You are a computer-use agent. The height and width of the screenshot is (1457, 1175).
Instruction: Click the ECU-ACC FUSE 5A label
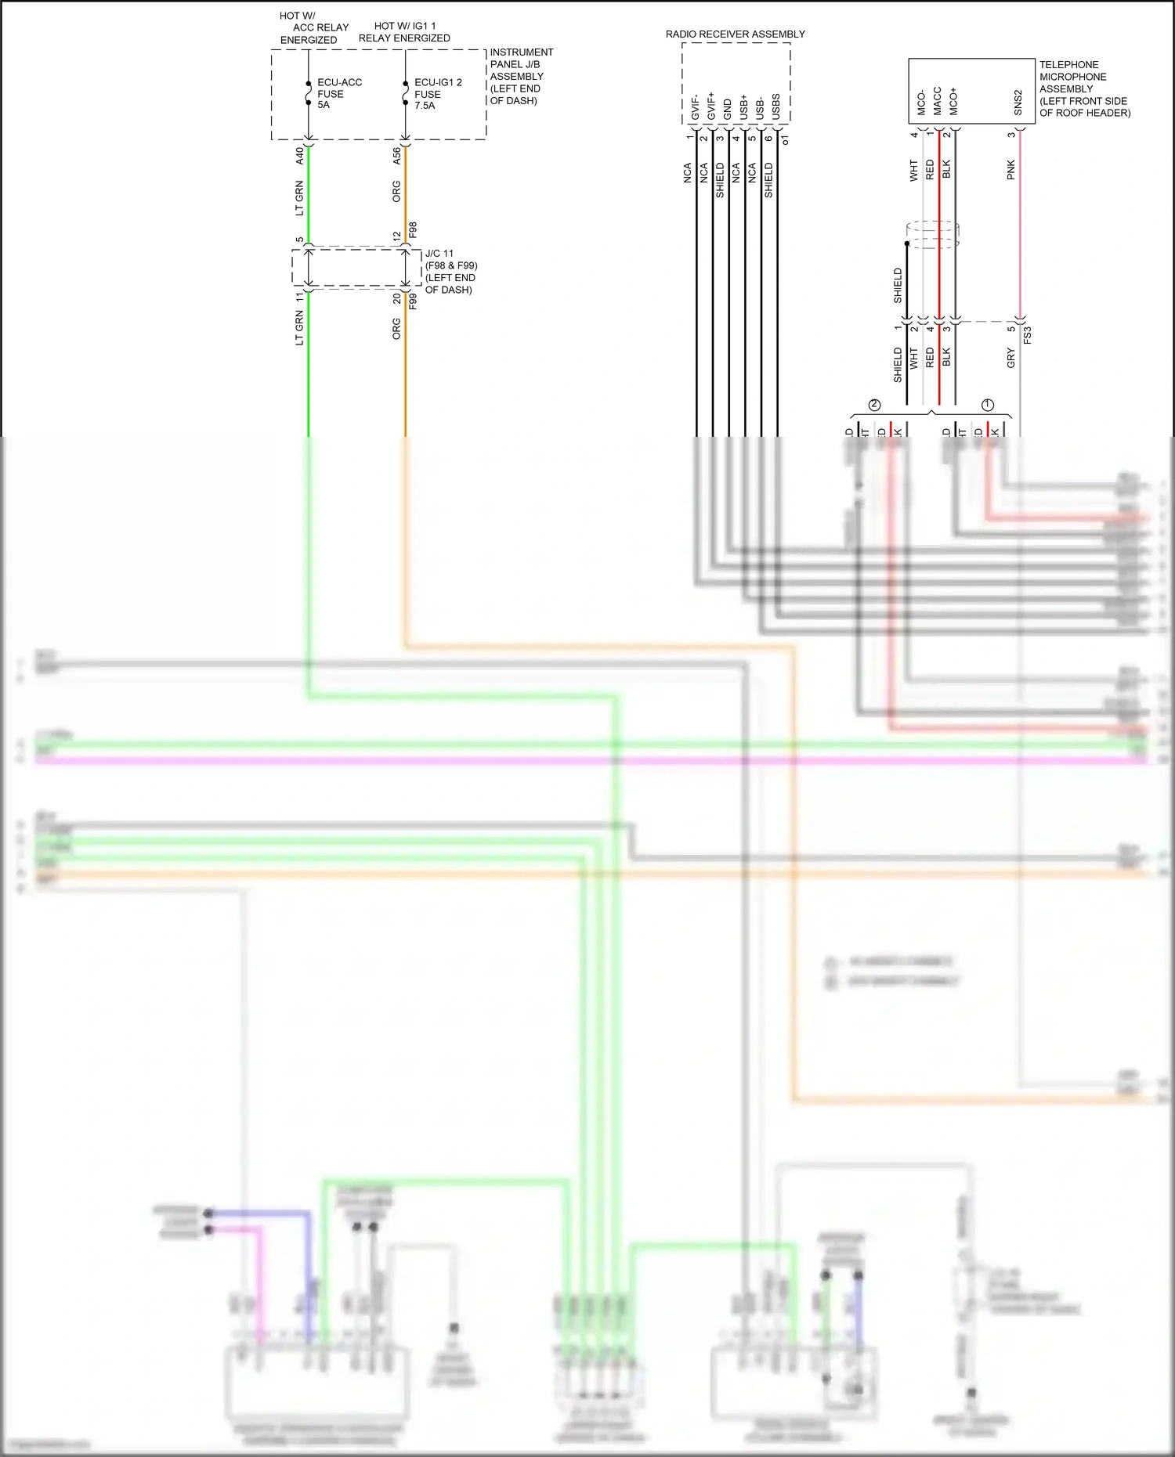point(338,93)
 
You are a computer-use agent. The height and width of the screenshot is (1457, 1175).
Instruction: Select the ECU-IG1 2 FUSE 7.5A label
point(437,93)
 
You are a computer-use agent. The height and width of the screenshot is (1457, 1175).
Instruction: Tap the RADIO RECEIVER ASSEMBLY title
point(735,34)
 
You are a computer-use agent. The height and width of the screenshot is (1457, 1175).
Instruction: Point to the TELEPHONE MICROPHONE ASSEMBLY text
point(1084,88)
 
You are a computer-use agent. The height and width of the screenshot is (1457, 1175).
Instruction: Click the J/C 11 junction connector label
point(450,272)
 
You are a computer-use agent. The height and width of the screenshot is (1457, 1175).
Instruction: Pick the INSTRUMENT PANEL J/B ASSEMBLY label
point(520,76)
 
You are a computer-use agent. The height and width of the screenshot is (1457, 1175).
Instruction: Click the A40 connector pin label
point(299,155)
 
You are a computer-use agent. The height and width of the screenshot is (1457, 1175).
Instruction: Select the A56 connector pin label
point(396,155)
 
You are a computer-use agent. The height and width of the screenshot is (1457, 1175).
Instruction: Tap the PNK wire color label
point(1010,170)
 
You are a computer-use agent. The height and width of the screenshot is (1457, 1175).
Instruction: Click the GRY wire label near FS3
point(1010,359)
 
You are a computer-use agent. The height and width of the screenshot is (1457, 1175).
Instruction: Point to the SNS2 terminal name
point(1018,103)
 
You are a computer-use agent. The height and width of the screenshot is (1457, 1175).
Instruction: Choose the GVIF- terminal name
point(695,107)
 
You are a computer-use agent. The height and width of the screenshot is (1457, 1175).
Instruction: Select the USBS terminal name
point(776,107)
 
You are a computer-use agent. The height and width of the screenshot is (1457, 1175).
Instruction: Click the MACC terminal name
point(937,101)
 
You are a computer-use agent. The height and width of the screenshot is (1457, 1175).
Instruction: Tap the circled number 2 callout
point(875,405)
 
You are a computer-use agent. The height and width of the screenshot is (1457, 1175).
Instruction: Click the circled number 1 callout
point(988,405)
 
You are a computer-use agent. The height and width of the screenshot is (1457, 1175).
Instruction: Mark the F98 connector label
point(413,230)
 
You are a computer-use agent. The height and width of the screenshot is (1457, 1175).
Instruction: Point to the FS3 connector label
point(1028,335)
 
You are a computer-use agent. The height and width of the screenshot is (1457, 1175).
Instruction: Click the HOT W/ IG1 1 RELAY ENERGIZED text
point(404,32)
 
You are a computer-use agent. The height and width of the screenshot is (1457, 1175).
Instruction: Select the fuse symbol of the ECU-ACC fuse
point(309,94)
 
